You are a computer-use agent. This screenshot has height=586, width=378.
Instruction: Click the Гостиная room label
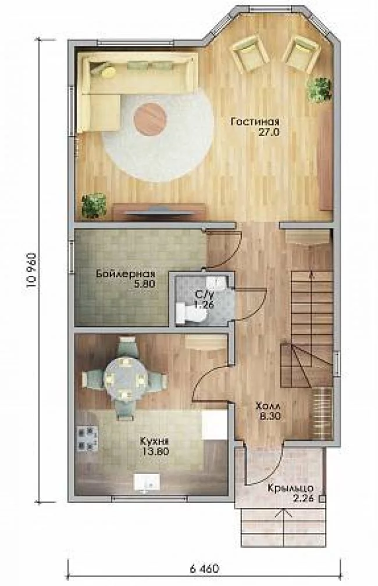(255, 122)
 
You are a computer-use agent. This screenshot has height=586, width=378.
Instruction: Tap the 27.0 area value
(269, 132)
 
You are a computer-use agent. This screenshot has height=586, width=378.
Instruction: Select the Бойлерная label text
(126, 273)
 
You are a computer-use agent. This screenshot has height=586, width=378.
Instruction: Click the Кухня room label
(154, 441)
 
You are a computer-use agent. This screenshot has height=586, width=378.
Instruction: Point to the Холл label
(268, 406)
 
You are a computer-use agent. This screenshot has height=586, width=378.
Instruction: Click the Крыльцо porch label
(290, 488)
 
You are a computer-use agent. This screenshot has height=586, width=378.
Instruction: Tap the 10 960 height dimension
(31, 270)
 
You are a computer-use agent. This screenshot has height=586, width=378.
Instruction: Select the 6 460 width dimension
(204, 569)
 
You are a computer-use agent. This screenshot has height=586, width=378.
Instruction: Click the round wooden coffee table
(149, 119)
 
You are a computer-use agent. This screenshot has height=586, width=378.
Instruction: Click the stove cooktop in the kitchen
(87, 438)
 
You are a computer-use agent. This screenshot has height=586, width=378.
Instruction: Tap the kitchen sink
(147, 482)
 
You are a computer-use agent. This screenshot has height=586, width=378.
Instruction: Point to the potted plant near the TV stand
(94, 205)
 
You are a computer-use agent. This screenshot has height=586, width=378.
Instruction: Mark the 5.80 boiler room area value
(145, 283)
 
